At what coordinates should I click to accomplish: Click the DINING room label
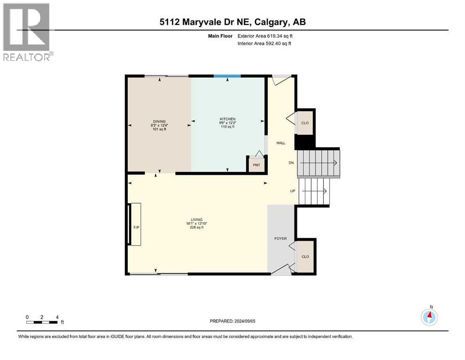(x=158, y=121)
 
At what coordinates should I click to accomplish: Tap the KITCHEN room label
(x=227, y=119)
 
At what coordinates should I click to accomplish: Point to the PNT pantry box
(x=257, y=165)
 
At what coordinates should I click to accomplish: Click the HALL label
(x=281, y=143)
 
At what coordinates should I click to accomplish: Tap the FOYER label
(x=280, y=239)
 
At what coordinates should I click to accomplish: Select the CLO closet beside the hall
(x=305, y=123)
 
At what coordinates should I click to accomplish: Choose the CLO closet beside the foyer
(x=305, y=256)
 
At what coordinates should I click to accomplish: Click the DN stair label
(x=290, y=163)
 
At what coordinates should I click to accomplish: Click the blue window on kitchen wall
(x=227, y=76)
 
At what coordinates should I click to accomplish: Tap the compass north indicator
(x=429, y=316)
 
